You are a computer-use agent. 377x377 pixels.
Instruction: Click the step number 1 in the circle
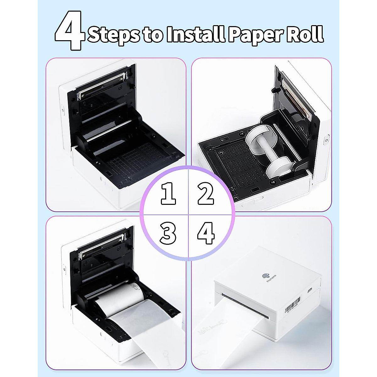tap(168, 194)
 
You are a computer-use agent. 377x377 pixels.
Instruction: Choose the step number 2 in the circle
tap(206, 194)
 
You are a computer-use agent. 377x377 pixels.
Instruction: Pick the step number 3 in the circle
tap(168, 233)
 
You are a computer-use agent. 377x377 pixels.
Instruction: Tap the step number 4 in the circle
tap(206, 233)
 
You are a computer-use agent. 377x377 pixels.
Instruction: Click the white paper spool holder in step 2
tap(266, 150)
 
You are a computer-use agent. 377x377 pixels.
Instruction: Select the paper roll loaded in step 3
tap(119, 297)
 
